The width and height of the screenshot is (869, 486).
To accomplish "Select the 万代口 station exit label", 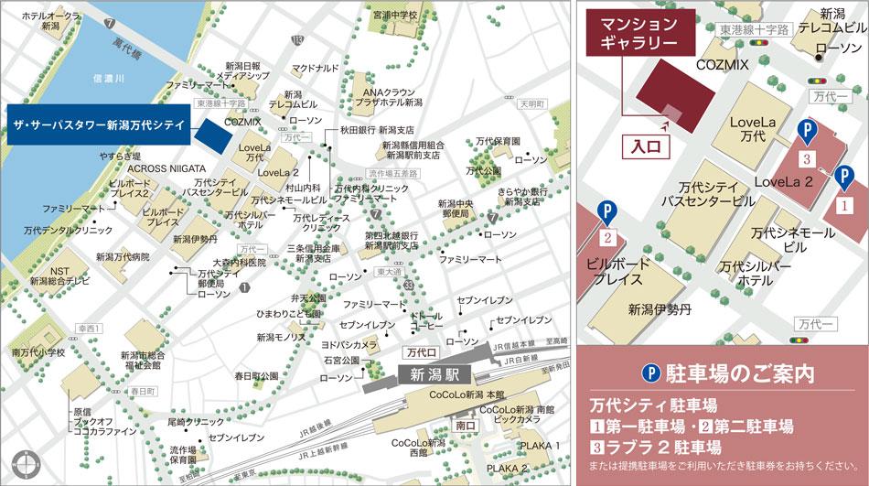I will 422,351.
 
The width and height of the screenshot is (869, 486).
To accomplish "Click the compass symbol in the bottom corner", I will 22,463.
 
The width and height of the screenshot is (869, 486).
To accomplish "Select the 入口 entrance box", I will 646,145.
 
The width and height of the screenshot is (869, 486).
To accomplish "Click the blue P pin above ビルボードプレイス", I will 606,214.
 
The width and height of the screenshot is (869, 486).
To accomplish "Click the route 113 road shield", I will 297,39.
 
